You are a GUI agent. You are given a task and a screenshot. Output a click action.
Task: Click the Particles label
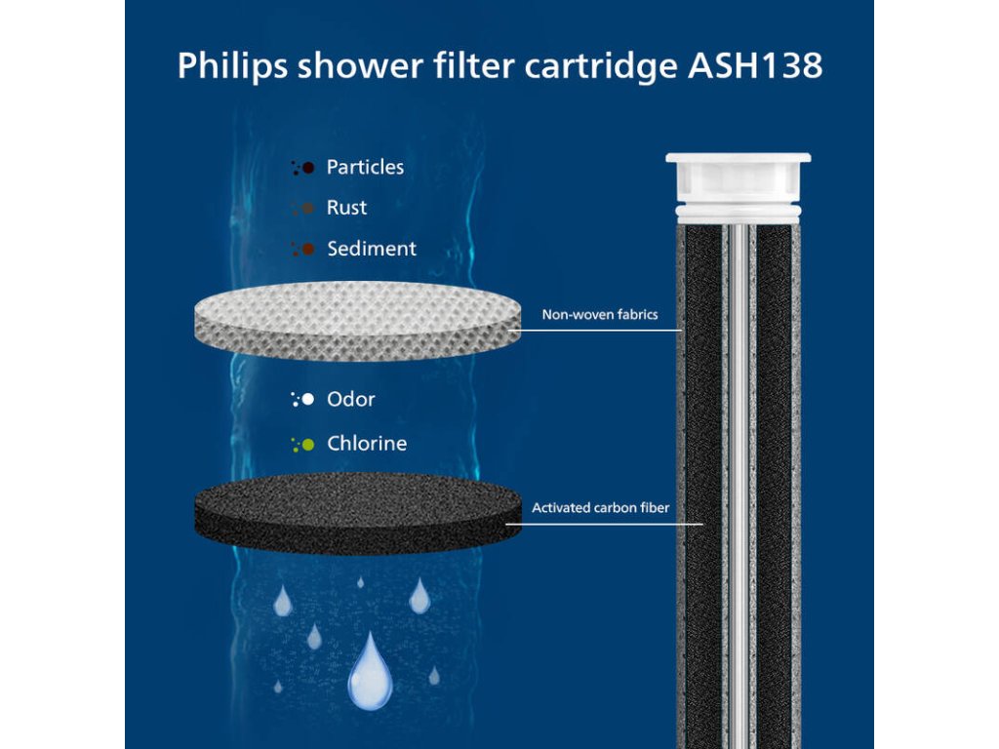tap(365, 168)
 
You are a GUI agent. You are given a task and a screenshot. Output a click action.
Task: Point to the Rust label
tap(346, 208)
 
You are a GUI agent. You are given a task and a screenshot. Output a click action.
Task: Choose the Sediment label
tap(371, 249)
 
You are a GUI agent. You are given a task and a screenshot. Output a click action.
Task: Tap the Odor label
tap(350, 399)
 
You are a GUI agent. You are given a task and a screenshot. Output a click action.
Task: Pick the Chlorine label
tap(366, 444)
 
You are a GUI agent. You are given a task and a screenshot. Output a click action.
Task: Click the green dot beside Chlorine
tap(308, 445)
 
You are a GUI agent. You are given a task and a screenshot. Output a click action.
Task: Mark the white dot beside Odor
tap(308, 399)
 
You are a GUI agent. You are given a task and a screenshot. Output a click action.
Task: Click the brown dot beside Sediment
tap(308, 250)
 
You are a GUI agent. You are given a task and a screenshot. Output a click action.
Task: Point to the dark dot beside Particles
tap(308, 168)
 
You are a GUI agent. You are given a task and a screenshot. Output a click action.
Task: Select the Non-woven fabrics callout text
tap(600, 315)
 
